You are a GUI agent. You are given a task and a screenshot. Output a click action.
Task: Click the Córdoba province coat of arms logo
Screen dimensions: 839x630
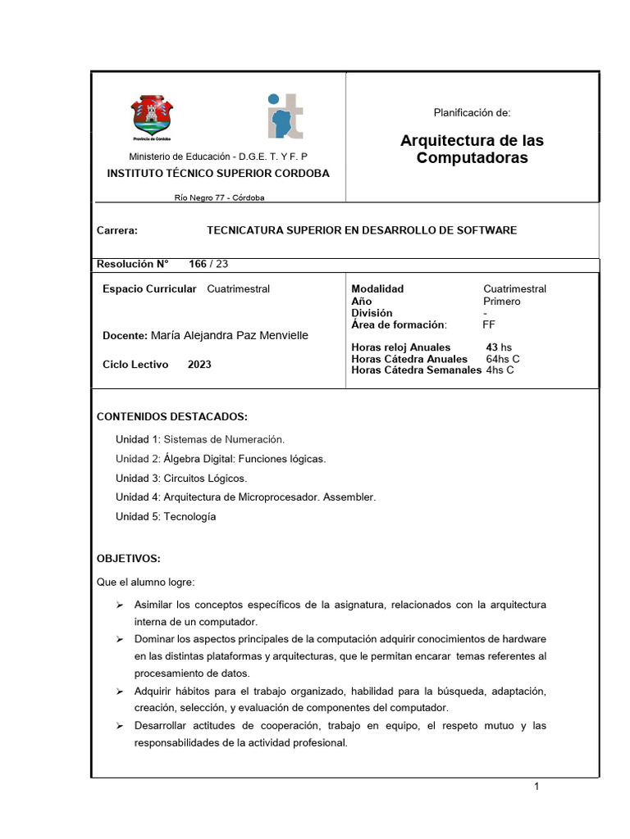tap(153, 119)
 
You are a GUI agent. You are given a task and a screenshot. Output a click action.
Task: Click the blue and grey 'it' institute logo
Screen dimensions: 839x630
tap(285, 116)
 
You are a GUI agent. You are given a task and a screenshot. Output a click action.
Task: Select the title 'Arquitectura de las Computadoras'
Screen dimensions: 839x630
tap(472, 149)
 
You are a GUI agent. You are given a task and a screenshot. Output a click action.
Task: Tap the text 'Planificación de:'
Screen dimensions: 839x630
tap(472, 113)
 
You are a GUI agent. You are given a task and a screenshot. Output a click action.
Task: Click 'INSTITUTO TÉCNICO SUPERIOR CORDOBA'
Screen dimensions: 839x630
tap(219, 174)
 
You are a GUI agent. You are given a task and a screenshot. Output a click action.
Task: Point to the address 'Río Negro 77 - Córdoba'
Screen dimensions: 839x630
tap(219, 197)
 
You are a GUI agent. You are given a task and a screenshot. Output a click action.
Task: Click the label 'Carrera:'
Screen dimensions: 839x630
tap(117, 230)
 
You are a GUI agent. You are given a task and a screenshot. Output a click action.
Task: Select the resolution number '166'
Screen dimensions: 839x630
tap(198, 264)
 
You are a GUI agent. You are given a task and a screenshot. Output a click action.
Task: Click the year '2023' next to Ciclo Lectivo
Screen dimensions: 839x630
tap(199, 365)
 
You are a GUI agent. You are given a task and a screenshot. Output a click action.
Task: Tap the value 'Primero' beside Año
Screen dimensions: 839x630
tap(501, 301)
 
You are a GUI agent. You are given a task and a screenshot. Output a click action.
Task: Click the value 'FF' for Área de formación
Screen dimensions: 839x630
tap(489, 324)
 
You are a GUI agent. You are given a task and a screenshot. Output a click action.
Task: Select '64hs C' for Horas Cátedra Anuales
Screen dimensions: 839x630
tap(503, 359)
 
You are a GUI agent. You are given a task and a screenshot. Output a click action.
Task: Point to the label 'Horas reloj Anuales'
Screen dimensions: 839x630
tap(401, 347)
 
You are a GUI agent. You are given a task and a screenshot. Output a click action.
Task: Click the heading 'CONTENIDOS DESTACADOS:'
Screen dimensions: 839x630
tap(172, 416)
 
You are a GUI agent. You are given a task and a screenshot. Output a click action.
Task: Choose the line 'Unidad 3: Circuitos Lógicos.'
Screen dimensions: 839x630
tap(181, 478)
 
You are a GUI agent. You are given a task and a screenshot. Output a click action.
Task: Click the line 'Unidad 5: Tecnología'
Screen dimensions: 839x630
tap(166, 517)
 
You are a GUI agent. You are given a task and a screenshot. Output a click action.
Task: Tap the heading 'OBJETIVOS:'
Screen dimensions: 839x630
tap(129, 559)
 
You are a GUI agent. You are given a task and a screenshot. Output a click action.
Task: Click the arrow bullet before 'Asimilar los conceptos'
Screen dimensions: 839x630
tap(119, 605)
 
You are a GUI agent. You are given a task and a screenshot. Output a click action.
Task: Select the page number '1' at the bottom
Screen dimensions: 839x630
tap(536, 787)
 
